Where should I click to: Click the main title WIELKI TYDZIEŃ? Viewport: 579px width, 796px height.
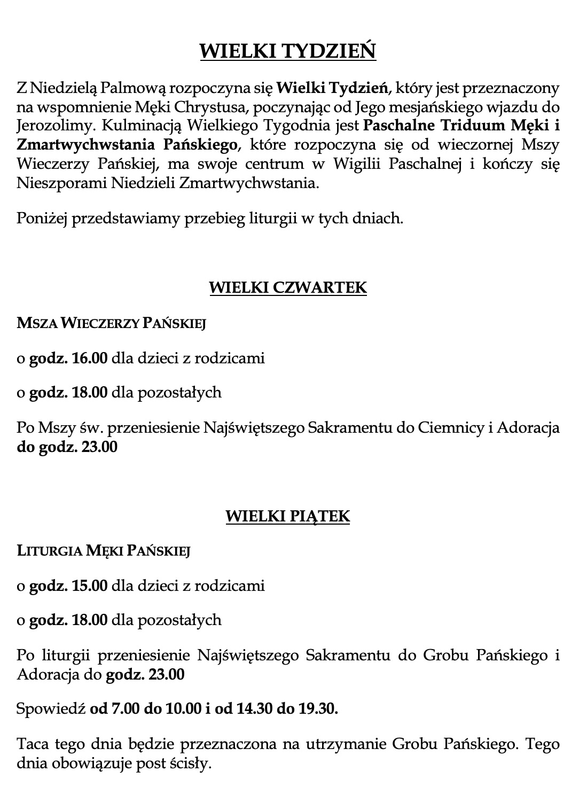point(288,51)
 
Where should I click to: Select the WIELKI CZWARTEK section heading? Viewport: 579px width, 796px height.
point(288,287)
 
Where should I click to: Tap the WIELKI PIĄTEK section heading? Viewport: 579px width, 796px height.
point(288,516)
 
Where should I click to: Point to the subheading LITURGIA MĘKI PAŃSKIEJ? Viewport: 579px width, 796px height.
point(104,551)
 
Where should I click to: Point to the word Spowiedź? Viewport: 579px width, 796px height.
point(51,709)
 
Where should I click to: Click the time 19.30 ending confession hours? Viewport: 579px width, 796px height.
point(318,709)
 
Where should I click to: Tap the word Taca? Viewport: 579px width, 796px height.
point(33,744)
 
